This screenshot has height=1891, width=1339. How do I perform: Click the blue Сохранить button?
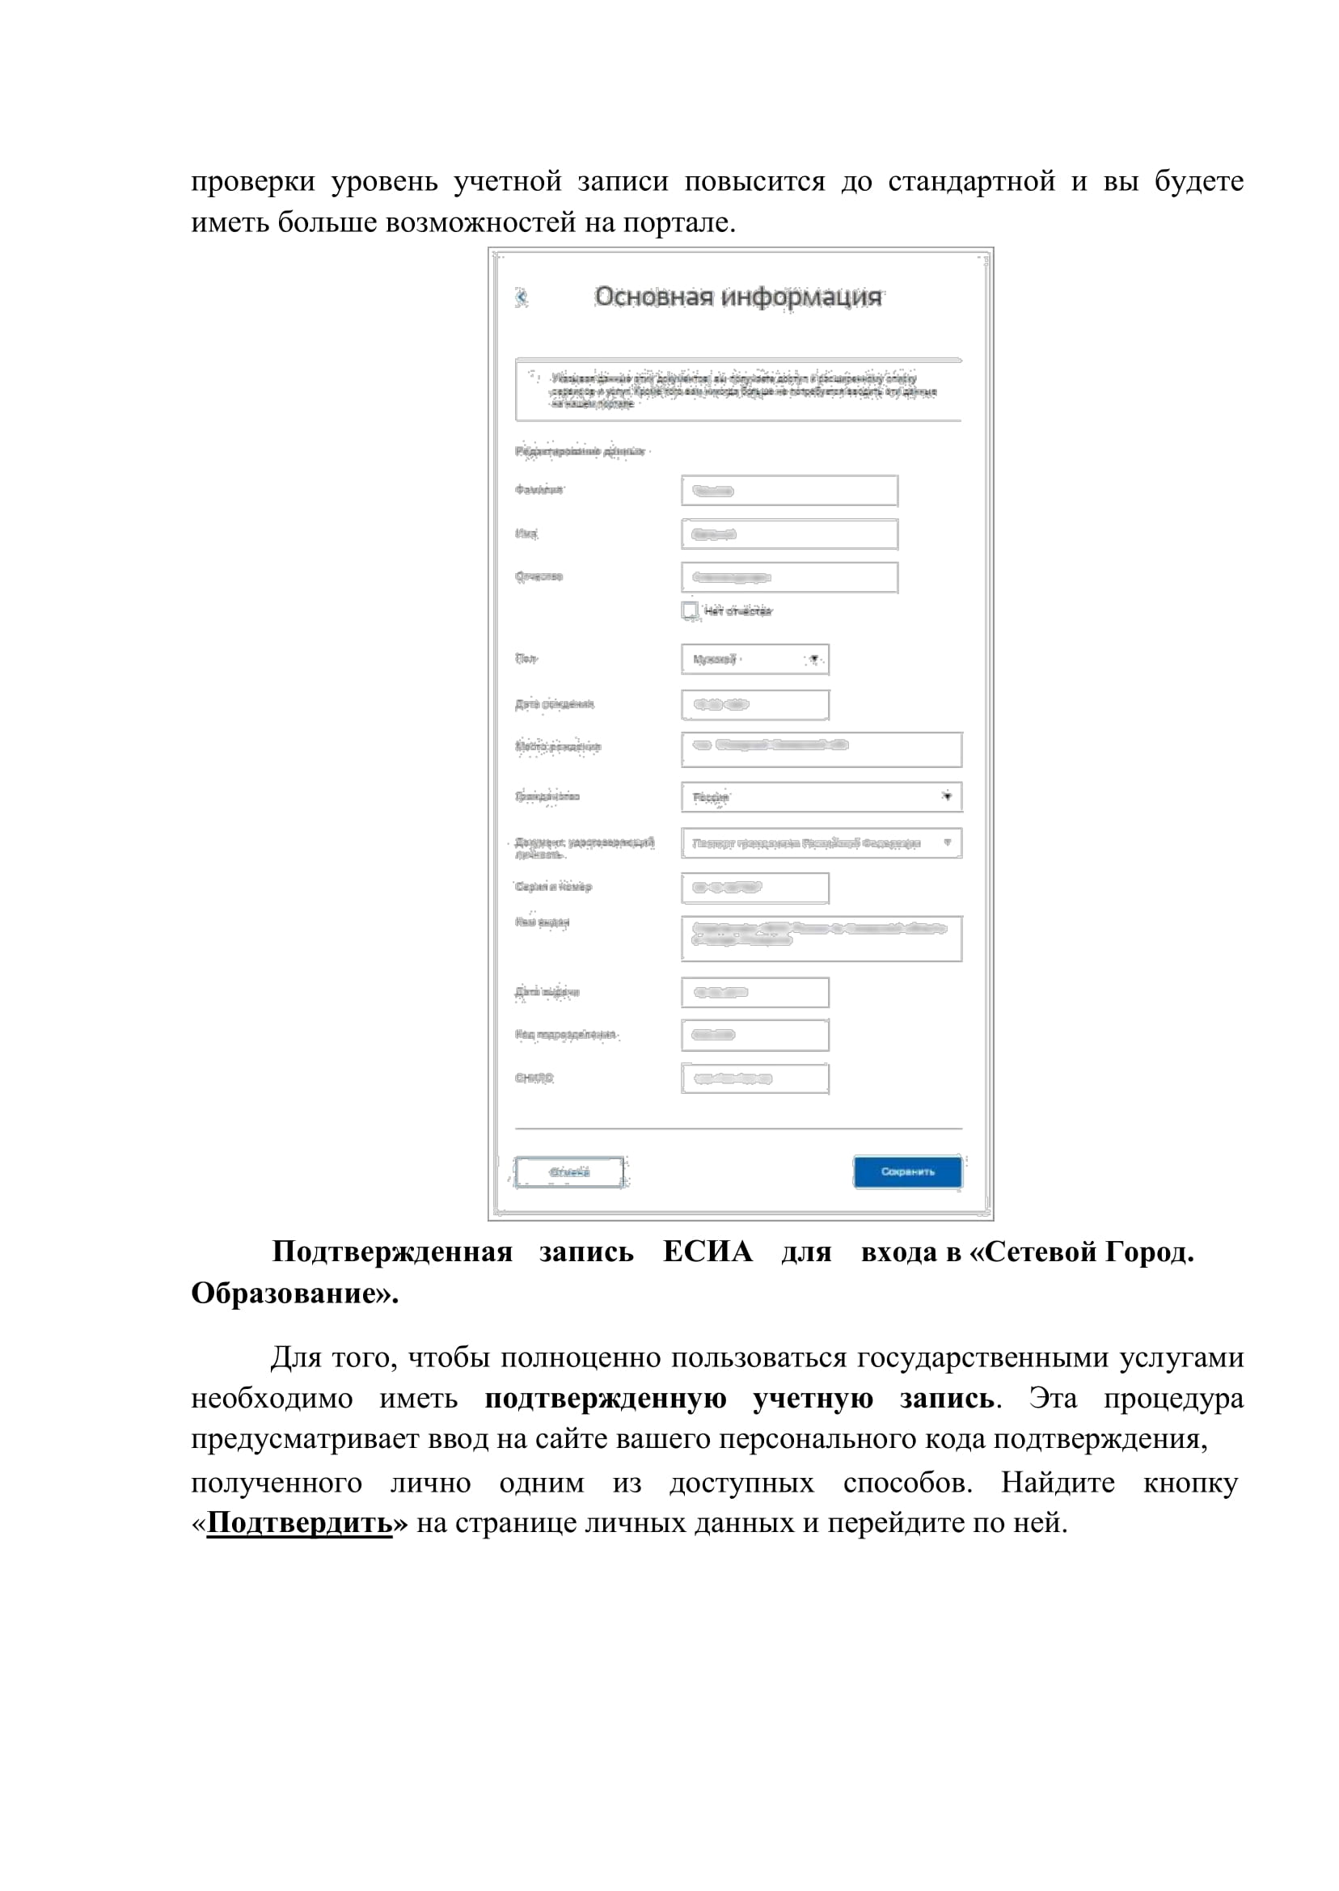(x=907, y=1171)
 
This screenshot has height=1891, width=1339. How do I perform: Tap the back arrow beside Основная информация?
(x=521, y=297)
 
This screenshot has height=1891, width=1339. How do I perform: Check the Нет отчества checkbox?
(x=689, y=610)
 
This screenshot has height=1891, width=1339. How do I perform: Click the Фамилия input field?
(x=789, y=491)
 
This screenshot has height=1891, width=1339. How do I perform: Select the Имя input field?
(x=789, y=534)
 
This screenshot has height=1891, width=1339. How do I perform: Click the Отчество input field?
(x=789, y=577)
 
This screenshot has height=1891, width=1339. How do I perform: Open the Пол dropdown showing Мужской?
(x=754, y=660)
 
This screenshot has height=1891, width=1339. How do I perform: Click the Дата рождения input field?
(x=754, y=705)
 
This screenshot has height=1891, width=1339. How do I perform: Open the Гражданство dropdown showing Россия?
(x=822, y=797)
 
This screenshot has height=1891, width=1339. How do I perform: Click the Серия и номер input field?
(x=754, y=888)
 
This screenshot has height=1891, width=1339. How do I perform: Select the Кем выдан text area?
(x=822, y=938)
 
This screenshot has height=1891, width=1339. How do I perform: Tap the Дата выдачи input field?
(x=754, y=993)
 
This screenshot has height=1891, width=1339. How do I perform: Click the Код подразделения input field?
(x=754, y=1036)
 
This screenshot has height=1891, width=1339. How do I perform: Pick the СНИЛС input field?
(x=754, y=1079)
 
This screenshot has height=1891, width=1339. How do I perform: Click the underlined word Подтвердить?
(x=299, y=1522)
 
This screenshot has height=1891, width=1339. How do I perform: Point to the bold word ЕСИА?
(x=708, y=1252)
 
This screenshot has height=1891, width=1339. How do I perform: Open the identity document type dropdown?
(x=822, y=843)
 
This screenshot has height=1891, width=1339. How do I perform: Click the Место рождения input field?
(x=822, y=749)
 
